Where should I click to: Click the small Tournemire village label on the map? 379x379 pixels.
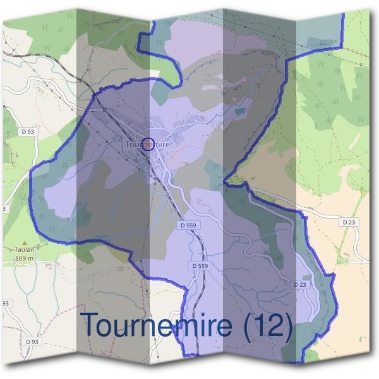tap(148, 145)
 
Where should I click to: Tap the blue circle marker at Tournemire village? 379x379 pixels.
tap(148, 143)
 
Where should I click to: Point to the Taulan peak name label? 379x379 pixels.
tap(24, 250)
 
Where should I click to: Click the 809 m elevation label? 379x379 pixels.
tap(24, 258)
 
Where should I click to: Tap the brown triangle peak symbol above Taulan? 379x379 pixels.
tap(24, 243)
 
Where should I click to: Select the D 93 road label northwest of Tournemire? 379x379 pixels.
tap(27, 131)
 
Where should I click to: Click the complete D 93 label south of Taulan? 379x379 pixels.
tap(32, 341)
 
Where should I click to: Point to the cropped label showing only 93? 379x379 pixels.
tap(5, 303)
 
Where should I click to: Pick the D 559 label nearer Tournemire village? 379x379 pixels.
tap(189, 225)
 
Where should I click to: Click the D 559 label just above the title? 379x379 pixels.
tap(200, 267)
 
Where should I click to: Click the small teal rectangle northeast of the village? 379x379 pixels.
tap(239, 111)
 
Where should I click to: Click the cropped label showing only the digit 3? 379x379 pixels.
tap(3, 208)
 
